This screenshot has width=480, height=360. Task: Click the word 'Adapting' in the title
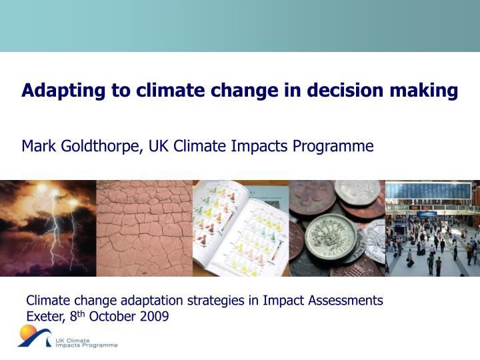click(x=56, y=91)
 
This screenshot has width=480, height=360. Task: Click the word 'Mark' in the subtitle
click(x=38, y=145)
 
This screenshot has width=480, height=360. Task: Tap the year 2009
click(x=155, y=316)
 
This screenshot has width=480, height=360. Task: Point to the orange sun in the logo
click(x=29, y=332)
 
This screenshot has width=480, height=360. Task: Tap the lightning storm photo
click(x=48, y=228)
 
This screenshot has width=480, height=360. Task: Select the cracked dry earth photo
click(x=144, y=228)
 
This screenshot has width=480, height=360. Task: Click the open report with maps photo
click(x=240, y=228)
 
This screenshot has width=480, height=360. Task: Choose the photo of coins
click(x=337, y=228)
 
